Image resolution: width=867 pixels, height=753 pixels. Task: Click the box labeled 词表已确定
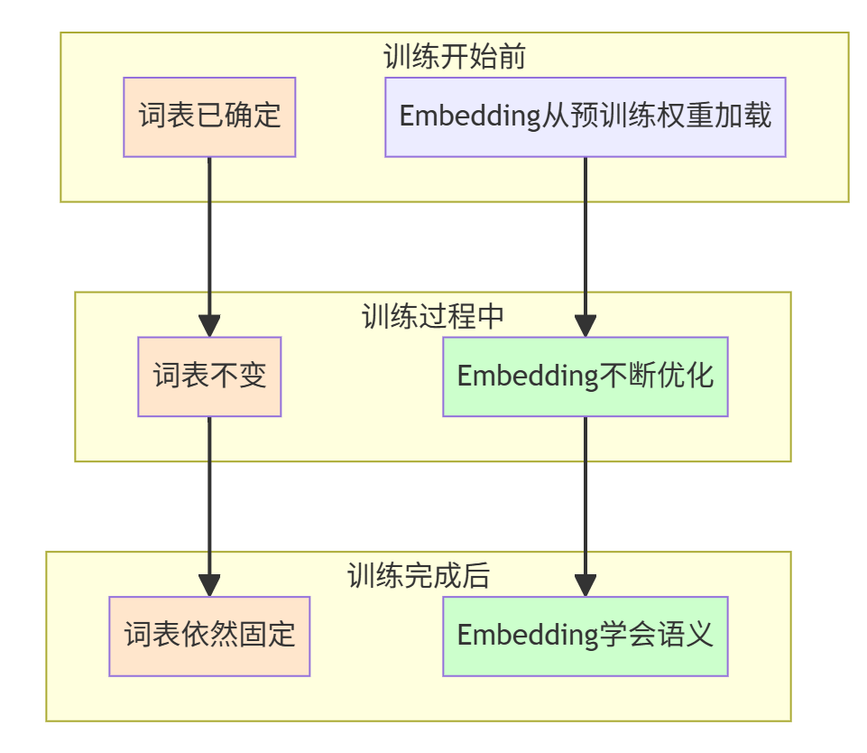[x=209, y=116]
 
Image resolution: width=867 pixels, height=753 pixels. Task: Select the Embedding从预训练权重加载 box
[x=585, y=116]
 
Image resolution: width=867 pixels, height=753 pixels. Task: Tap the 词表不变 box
[x=209, y=376]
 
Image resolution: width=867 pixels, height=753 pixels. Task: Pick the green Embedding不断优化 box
[x=585, y=376]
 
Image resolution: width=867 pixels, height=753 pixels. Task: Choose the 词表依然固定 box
[x=209, y=636]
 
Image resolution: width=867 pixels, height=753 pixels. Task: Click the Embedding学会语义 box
[x=585, y=636]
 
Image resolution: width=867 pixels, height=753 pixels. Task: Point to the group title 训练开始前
[x=454, y=57]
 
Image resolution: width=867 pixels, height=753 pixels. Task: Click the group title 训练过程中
[x=432, y=316]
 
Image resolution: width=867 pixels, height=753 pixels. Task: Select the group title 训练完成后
[x=418, y=576]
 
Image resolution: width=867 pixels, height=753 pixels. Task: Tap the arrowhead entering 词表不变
[x=209, y=325]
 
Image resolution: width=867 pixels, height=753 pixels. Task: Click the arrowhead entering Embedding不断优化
[x=585, y=325]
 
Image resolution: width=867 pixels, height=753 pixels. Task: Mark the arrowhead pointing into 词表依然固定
[x=209, y=584]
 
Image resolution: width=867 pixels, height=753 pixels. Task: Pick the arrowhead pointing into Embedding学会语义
[x=585, y=584]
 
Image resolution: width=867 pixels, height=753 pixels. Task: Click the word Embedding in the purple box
[x=470, y=116]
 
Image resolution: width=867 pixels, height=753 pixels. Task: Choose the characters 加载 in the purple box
[x=746, y=116]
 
